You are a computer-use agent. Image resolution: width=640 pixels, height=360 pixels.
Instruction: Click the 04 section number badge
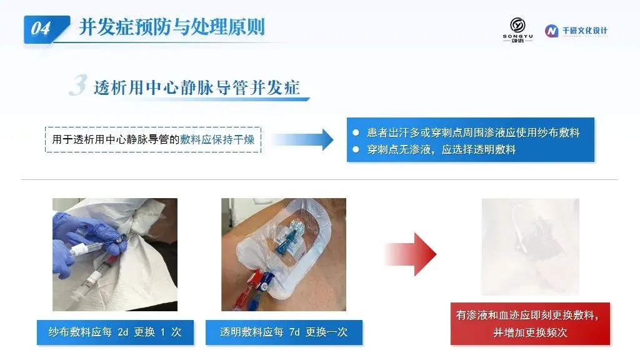pos(46,29)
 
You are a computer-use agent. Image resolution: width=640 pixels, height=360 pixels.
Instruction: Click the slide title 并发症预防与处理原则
pos(172,27)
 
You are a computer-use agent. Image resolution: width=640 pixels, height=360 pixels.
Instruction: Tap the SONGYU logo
pos(517,30)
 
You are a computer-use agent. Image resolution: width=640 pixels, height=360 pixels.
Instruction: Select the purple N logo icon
pos(551,31)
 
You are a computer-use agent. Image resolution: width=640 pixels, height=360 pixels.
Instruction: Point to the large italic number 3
pos(78,85)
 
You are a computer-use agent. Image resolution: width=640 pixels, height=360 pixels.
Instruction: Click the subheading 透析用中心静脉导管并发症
pos(197,87)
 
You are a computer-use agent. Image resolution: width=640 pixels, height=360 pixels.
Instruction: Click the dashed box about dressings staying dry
pos(153,139)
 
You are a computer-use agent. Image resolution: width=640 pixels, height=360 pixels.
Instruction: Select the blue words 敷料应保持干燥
pos(217,139)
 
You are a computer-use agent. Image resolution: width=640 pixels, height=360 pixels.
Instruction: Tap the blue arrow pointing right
pos(302,139)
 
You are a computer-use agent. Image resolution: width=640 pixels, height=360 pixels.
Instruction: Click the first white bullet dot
pos(356,132)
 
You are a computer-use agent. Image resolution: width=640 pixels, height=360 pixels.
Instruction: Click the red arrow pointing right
pos(411,254)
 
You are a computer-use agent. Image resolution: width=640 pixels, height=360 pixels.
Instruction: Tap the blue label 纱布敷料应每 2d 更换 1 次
pos(115,332)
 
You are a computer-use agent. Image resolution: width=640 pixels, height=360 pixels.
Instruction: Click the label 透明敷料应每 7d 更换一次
pos(284,332)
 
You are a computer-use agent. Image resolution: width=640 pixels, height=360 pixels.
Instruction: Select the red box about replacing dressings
pos(530,324)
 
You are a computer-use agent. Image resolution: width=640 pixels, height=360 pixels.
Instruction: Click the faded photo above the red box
pos(530,246)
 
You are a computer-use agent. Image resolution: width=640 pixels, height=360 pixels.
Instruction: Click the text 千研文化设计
pos(585,31)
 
